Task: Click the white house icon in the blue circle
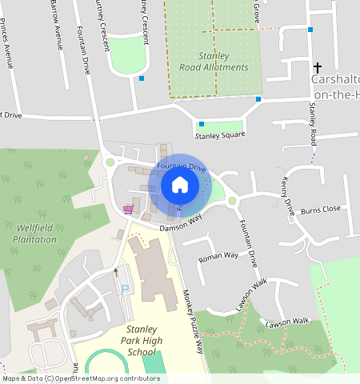click(x=180, y=185)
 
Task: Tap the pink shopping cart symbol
click(x=128, y=210)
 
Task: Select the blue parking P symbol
click(x=123, y=288)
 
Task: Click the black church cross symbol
click(x=317, y=69)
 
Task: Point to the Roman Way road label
click(x=218, y=257)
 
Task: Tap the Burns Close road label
click(x=320, y=210)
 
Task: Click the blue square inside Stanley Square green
click(x=202, y=124)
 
